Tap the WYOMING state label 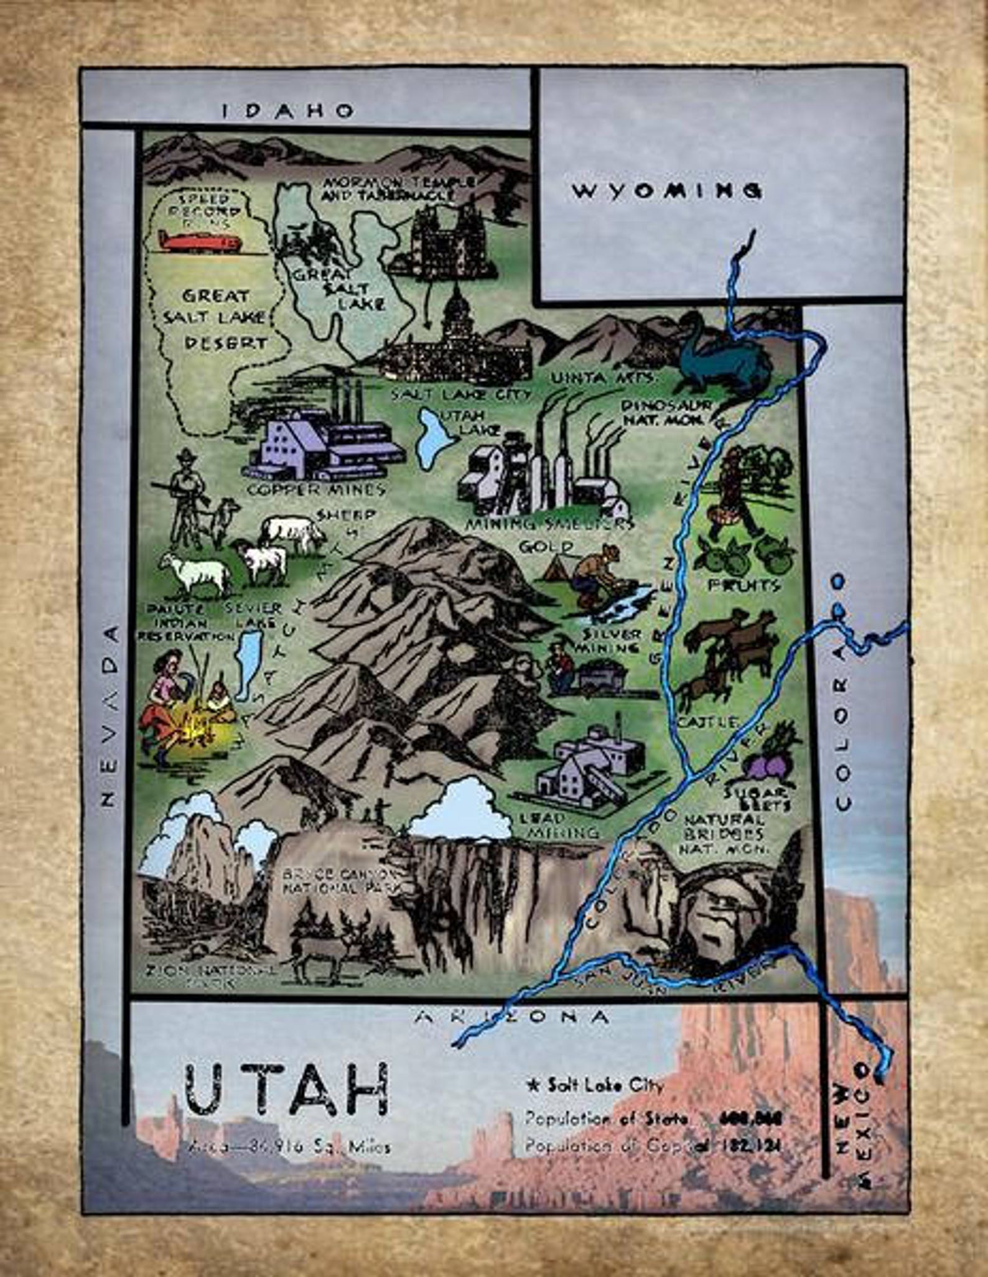point(666,190)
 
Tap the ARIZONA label point(512,1017)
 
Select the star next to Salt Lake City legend point(533,1087)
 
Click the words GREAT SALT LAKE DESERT point(215,318)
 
